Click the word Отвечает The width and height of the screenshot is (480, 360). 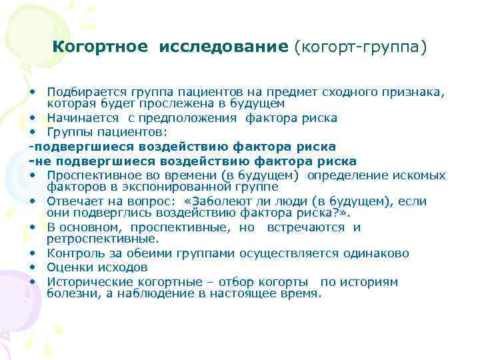tap(70, 201)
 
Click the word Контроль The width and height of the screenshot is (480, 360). tap(72, 253)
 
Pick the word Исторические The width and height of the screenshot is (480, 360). tap(84, 281)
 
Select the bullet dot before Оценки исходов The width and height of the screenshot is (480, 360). tap(33, 267)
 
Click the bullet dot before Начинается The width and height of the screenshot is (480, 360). tap(33, 118)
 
